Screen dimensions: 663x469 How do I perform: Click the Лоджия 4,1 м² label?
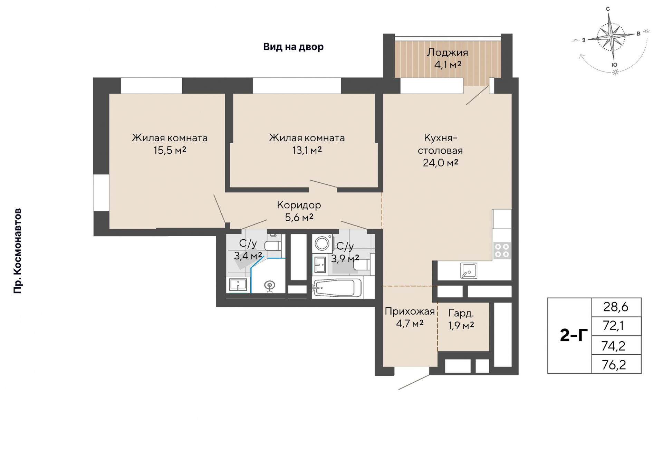[448, 58]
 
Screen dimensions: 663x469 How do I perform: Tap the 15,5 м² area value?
[170, 150]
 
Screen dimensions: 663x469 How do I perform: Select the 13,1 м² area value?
[307, 150]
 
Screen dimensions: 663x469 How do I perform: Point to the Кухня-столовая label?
[440, 144]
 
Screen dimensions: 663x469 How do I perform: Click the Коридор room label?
[299, 205]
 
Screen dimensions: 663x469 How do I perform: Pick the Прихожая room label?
[410, 311]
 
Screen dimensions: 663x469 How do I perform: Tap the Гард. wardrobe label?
[461, 313]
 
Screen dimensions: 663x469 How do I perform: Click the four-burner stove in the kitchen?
[502, 250]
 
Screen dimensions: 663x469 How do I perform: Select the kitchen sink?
[469, 270]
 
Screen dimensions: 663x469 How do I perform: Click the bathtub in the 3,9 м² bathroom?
[337, 287]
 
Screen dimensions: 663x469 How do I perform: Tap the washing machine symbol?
[322, 243]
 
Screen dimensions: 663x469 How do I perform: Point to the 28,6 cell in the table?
[616, 307]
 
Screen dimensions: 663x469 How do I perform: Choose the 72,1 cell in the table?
[614, 326]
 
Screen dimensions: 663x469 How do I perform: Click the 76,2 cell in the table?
[614, 364]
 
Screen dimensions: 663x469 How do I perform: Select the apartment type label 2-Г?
[574, 335]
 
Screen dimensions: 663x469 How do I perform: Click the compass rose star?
[612, 36]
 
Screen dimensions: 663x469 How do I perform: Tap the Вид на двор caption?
[294, 47]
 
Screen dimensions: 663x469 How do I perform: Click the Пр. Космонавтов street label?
[17, 251]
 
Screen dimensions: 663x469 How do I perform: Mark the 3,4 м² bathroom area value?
[248, 256]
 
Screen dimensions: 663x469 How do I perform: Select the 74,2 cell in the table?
[614, 345]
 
